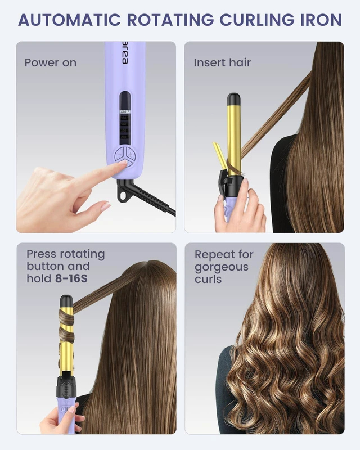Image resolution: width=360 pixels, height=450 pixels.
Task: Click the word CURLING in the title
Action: click(x=257, y=20)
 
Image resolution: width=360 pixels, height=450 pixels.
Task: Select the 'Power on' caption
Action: click(x=51, y=62)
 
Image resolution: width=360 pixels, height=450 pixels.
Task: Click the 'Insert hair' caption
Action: click(x=222, y=62)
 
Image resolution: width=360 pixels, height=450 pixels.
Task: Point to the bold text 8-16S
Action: click(x=71, y=278)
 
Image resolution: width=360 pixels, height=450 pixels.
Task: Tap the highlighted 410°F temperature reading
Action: click(x=125, y=111)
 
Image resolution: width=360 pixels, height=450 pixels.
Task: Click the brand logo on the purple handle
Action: click(x=125, y=53)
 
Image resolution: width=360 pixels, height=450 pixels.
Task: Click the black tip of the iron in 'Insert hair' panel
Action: click(x=233, y=100)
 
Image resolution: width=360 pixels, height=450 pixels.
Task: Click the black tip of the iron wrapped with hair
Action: click(x=66, y=301)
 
